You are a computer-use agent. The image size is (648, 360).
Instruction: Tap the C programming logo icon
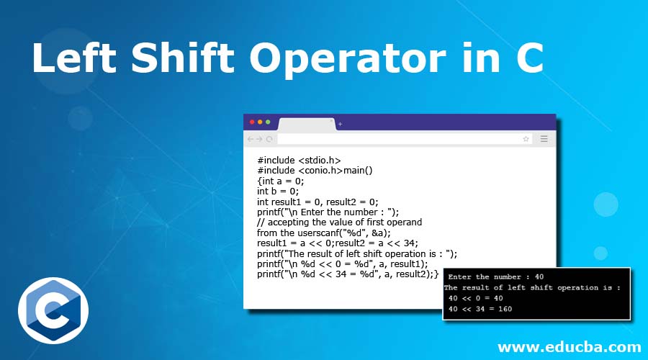click(53, 310)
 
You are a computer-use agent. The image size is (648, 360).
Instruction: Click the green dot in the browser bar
click(268, 122)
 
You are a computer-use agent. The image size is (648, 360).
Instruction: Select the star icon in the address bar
click(526, 139)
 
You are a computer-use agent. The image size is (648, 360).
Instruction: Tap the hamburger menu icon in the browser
click(544, 139)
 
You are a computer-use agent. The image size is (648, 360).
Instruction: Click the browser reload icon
click(269, 139)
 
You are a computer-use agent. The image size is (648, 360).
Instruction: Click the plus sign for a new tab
click(340, 124)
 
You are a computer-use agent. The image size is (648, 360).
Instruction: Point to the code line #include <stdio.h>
click(299, 161)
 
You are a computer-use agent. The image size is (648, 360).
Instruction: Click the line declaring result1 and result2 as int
click(318, 202)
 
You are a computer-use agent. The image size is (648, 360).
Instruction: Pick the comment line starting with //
click(339, 222)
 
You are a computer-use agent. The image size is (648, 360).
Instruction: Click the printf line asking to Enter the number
click(328, 212)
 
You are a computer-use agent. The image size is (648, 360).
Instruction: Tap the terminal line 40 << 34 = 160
click(481, 309)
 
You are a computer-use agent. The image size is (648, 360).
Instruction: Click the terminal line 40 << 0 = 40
click(475, 298)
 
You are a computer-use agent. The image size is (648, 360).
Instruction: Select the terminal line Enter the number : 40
click(495, 276)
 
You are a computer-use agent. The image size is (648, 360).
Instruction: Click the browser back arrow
click(250, 139)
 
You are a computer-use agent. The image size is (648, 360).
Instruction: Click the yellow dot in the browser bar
click(260, 122)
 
